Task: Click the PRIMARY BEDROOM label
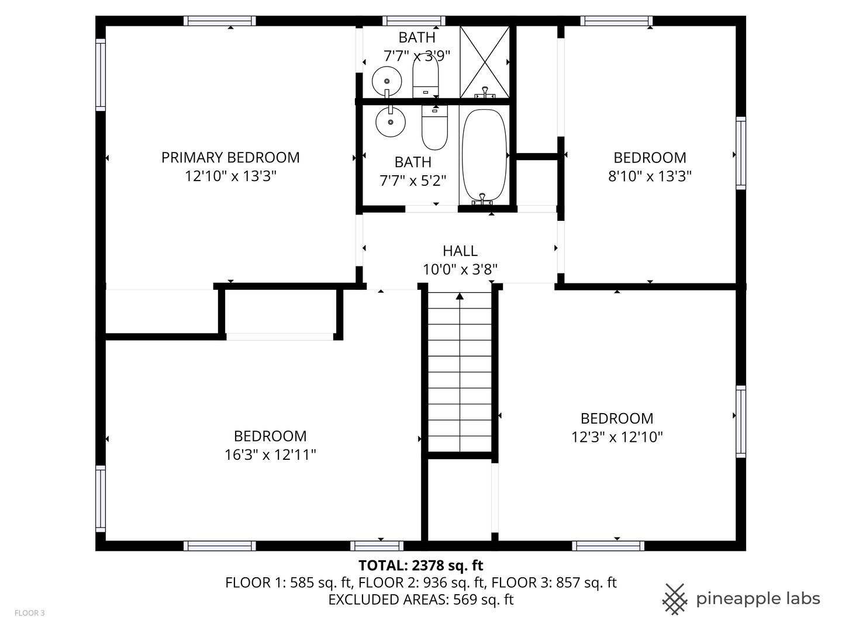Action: (230, 157)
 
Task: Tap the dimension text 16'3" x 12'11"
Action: (270, 455)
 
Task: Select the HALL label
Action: (460, 251)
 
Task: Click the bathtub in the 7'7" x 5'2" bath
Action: (484, 155)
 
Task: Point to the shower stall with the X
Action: (484, 61)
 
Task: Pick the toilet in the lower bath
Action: (434, 129)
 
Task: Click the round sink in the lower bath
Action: (390, 122)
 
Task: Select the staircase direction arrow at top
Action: (460, 297)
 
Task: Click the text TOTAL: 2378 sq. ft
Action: (420, 565)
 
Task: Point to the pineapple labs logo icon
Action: (674, 599)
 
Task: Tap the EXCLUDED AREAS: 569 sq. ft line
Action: (420, 599)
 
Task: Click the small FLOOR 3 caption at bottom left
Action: (29, 613)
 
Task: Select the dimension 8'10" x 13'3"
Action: (650, 176)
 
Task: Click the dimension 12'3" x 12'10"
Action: (617, 437)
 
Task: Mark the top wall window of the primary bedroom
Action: (219, 21)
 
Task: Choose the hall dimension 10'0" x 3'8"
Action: (460, 269)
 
